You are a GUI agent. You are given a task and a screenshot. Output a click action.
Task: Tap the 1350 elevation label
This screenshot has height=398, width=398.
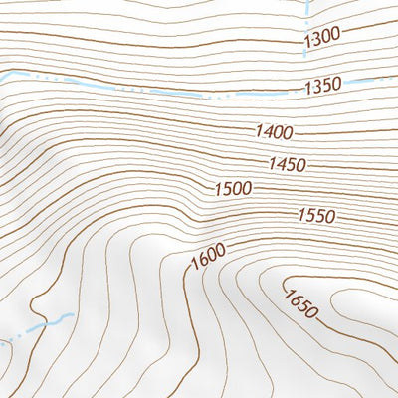[x=325, y=85]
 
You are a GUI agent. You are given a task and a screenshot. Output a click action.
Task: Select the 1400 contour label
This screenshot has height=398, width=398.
[x=274, y=131]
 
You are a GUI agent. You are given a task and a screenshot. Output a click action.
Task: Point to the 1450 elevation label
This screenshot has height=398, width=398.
[x=287, y=163]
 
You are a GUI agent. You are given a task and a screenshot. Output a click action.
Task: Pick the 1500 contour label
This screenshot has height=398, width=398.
[x=233, y=188]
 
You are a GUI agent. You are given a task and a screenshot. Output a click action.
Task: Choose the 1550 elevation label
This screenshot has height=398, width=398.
[x=316, y=215]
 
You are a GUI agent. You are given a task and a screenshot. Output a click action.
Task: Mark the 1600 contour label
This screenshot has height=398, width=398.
[x=207, y=256]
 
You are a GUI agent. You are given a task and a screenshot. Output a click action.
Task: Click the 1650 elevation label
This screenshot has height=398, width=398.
[x=299, y=303]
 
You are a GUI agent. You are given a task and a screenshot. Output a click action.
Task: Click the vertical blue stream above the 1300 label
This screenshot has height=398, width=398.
[x=307, y=12]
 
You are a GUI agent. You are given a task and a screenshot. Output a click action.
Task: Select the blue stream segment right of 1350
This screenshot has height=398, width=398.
[x=373, y=80]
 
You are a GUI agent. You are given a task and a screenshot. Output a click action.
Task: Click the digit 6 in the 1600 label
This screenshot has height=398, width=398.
[x=202, y=259]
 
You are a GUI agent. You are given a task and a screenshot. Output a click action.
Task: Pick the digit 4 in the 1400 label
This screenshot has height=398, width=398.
[x=267, y=130]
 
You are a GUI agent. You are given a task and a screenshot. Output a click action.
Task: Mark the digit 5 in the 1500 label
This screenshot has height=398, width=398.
[x=226, y=188]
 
